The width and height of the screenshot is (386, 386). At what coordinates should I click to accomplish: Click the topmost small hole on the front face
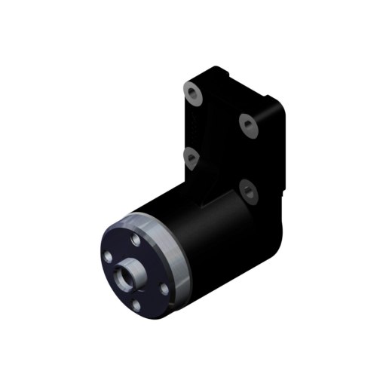tap(134, 239)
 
